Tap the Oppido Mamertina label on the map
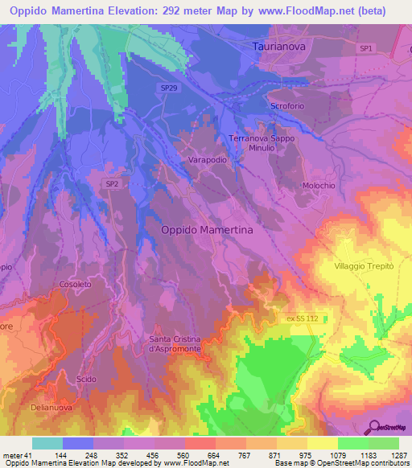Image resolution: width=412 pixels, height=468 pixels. coord(208,229)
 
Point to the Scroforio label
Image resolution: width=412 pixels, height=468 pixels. coord(289,108)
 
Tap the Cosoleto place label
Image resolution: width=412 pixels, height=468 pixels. coord(76,284)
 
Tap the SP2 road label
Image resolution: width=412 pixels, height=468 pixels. coord(112,184)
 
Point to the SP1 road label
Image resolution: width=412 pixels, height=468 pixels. coord(366,49)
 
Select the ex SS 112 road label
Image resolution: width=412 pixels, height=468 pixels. coord(303,318)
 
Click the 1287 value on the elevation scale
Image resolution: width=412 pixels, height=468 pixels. coord(399,455)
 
